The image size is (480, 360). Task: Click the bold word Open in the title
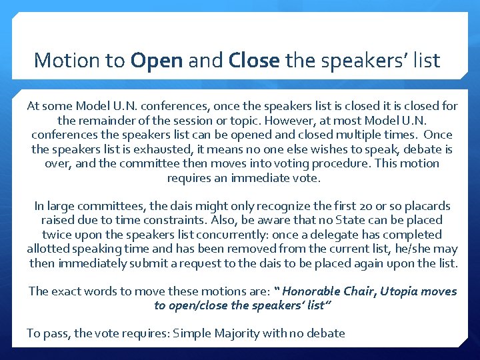(x=157, y=61)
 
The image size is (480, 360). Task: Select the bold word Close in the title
(x=253, y=61)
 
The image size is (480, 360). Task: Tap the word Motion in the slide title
(x=69, y=61)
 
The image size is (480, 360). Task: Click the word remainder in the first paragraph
(x=106, y=121)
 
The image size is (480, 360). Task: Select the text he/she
(x=418, y=249)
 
